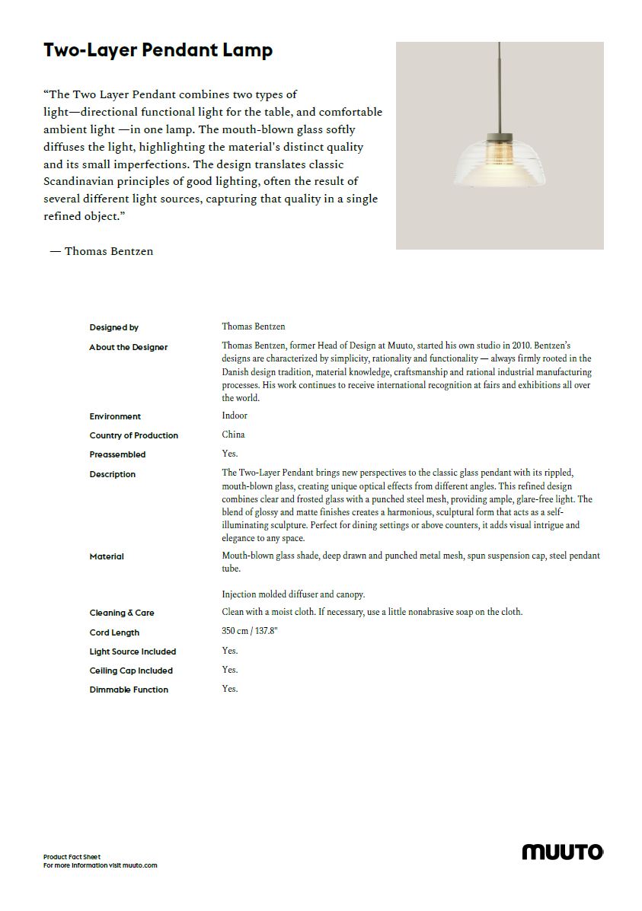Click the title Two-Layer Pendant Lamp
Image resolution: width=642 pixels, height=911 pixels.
(158, 51)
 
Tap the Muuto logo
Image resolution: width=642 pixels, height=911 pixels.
(562, 852)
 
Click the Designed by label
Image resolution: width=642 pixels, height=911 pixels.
(114, 328)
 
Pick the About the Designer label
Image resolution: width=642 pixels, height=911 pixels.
(129, 347)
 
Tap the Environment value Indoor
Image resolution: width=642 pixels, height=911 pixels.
(235, 416)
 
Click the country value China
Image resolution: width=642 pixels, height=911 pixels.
(233, 435)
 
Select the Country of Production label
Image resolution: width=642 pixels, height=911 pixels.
(134, 435)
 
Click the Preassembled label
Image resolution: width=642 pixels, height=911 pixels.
(117, 454)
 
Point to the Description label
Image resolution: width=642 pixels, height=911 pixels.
(113, 474)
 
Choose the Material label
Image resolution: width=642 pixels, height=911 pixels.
(107, 556)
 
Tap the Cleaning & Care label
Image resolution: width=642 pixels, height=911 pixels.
(122, 613)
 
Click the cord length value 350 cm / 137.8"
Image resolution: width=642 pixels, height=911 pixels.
(250, 632)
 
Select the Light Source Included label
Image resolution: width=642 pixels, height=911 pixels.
(133, 651)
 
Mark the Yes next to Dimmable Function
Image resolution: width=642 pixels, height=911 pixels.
(230, 689)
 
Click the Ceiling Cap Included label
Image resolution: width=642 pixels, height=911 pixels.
(131, 671)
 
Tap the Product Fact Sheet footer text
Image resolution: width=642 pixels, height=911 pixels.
(72, 857)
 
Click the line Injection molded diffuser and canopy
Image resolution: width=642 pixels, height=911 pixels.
(293, 594)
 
